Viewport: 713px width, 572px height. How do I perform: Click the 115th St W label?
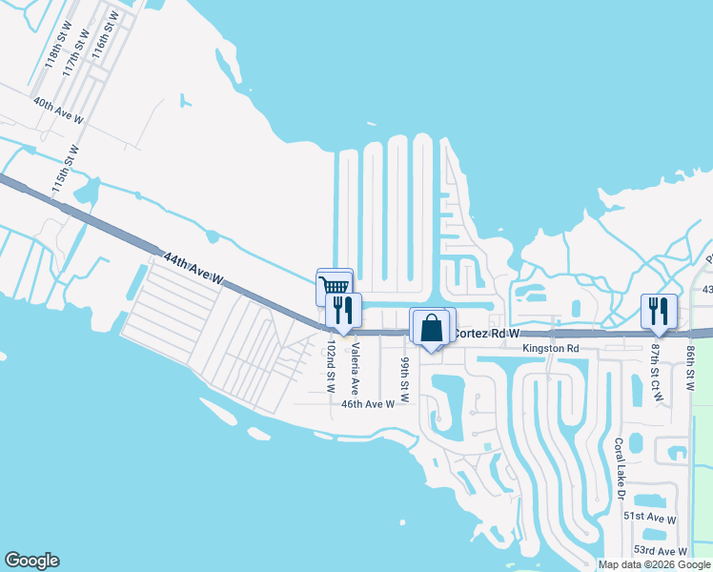pyautogui.click(x=67, y=169)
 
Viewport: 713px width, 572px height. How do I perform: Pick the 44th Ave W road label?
pyautogui.click(x=194, y=269)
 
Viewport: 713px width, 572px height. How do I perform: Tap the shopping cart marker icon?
pyautogui.click(x=333, y=286)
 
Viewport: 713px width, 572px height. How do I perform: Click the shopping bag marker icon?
pyautogui.click(x=431, y=327)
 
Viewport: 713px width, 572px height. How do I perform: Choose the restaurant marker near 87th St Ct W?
pyautogui.click(x=658, y=310)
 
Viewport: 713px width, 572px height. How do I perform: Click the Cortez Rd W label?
pyautogui.click(x=486, y=335)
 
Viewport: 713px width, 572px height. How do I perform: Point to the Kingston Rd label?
pyautogui.click(x=551, y=349)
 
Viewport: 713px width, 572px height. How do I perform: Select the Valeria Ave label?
pyautogui.click(x=353, y=371)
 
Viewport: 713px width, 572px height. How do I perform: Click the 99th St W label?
pyautogui.click(x=405, y=380)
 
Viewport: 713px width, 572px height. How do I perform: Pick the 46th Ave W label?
pyautogui.click(x=368, y=404)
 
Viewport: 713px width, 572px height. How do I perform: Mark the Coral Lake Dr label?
pyautogui.click(x=620, y=468)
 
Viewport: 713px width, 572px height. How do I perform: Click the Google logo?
pyautogui.click(x=32, y=561)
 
